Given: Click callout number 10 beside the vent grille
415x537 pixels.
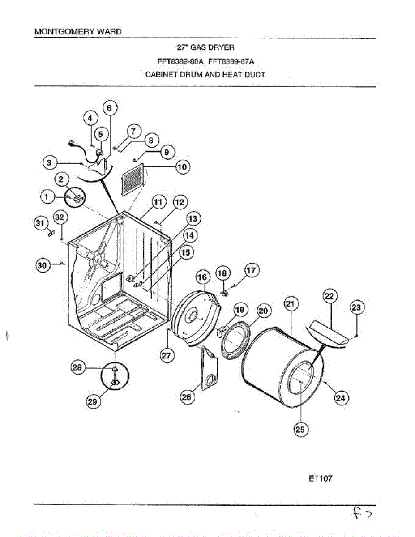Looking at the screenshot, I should pos(182,167).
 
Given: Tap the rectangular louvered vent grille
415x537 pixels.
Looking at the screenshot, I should pos(133,179).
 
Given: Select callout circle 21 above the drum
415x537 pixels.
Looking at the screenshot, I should pos(291,304).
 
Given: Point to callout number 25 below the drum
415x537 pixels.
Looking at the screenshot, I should pos(300,430).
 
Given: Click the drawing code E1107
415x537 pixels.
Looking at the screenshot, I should pos(320,479).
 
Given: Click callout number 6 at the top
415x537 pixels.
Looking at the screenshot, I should pos(110,107).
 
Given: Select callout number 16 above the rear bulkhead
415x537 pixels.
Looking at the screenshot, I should pos(203,277).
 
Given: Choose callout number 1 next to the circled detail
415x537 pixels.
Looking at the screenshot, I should pos(46,196).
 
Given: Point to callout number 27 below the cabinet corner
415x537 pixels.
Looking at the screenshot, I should pos(167,355).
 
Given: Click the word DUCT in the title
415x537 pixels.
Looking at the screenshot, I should pos(255,75).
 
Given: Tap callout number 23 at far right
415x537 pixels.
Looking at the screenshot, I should pos(356,308).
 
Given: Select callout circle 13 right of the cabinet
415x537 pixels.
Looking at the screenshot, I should pos(193,219).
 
